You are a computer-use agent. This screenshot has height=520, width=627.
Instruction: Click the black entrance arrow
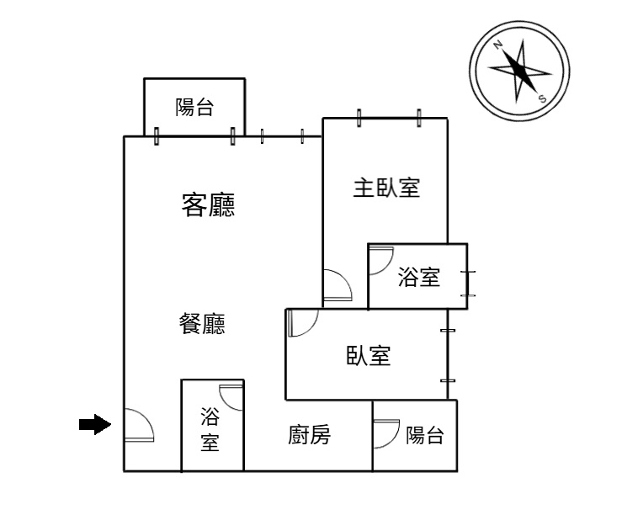click(x=95, y=424)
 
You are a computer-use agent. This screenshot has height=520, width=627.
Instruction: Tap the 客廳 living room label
click(x=209, y=204)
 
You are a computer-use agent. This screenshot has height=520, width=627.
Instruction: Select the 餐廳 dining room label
click(x=202, y=323)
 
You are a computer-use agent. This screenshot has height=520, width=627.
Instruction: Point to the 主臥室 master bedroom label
click(x=386, y=188)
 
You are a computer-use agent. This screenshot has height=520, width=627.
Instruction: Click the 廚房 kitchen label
click(x=309, y=434)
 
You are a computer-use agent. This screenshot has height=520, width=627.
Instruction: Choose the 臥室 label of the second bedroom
click(x=369, y=355)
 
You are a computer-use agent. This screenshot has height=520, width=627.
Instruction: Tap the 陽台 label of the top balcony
click(x=194, y=107)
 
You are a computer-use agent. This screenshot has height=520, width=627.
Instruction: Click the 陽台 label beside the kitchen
click(x=425, y=435)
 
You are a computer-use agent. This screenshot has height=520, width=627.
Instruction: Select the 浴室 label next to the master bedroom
click(x=418, y=277)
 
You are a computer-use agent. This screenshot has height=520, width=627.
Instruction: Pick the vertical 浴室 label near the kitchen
click(x=210, y=429)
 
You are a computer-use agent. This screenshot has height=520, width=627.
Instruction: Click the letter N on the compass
click(x=498, y=45)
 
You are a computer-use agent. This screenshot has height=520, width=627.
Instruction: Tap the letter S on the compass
click(x=542, y=98)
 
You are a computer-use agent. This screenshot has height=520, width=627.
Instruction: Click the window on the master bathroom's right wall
click(x=468, y=284)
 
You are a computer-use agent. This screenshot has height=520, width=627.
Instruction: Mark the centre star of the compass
click(x=519, y=72)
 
